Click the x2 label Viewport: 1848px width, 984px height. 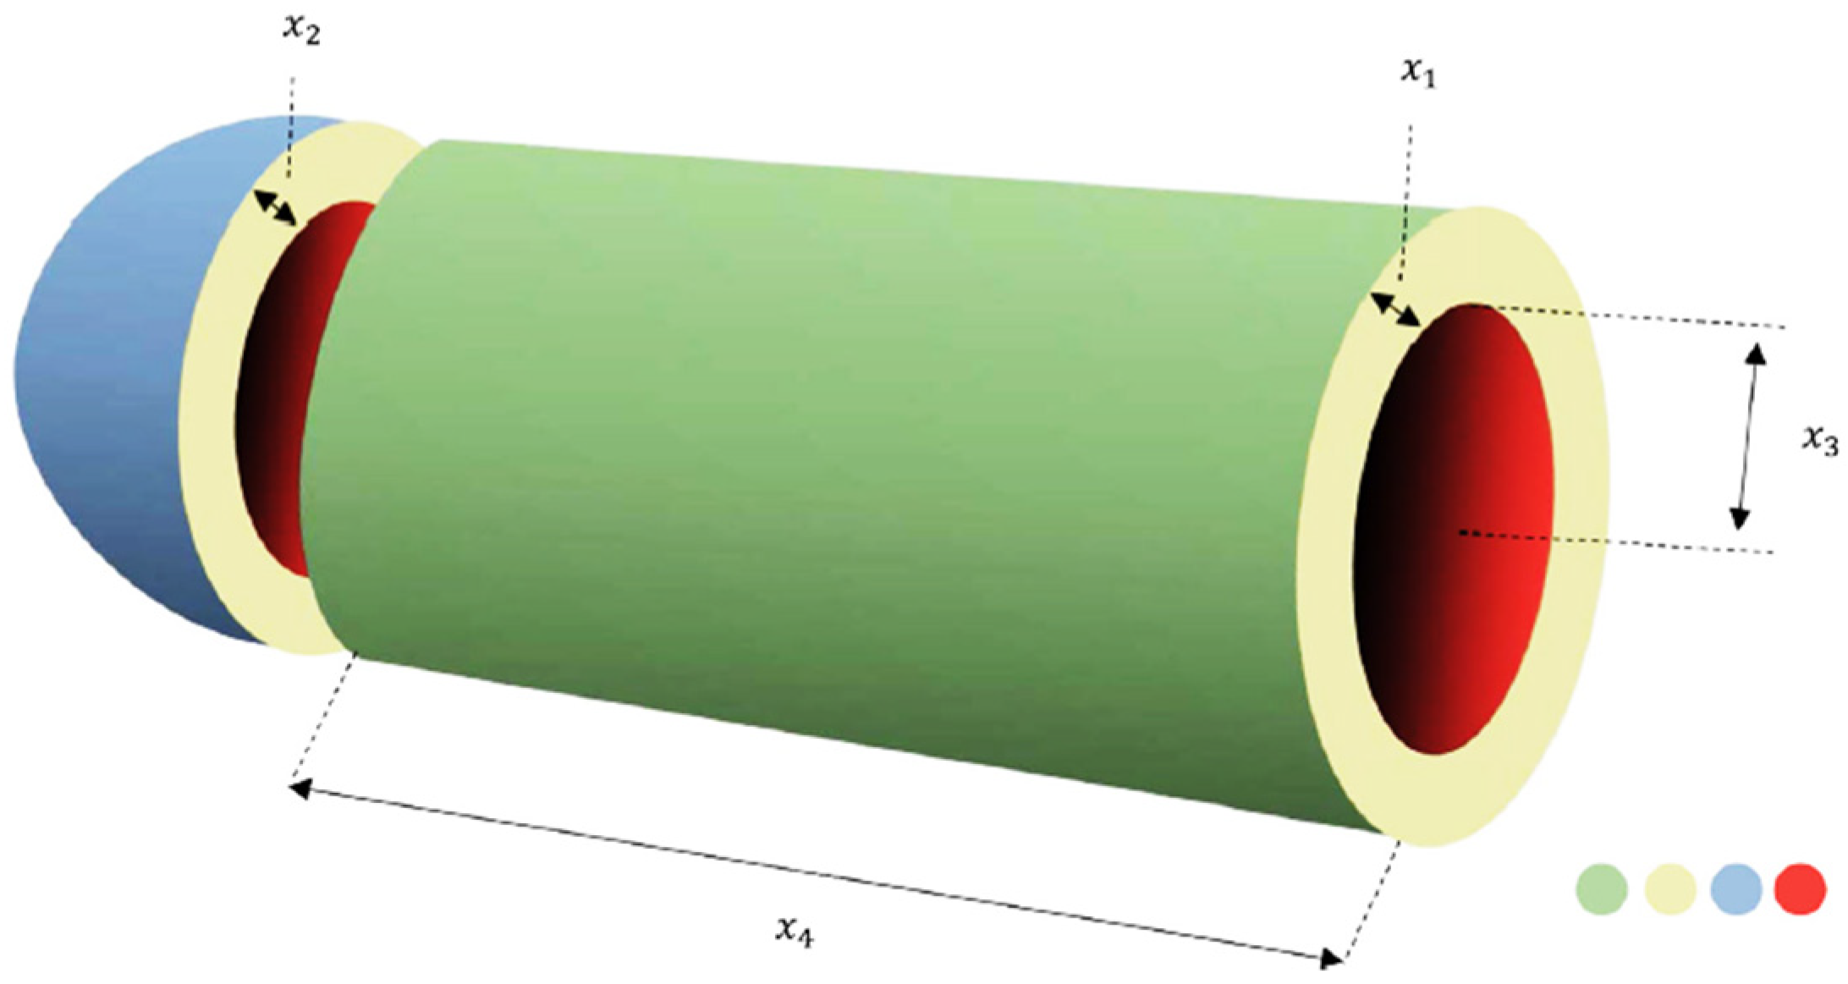[x=301, y=30]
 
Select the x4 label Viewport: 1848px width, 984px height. [x=795, y=931]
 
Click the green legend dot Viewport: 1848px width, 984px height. [x=1602, y=888]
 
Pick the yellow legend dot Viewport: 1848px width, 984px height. [x=1669, y=888]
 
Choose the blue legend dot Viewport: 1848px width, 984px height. [x=1735, y=888]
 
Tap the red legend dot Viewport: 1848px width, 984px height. [x=1800, y=888]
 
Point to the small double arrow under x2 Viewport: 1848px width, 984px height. [x=276, y=208]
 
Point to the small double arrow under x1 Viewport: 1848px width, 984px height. [x=1395, y=309]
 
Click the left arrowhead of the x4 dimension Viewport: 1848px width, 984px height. [x=299, y=789]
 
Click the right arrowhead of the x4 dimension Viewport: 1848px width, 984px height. [x=1332, y=959]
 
